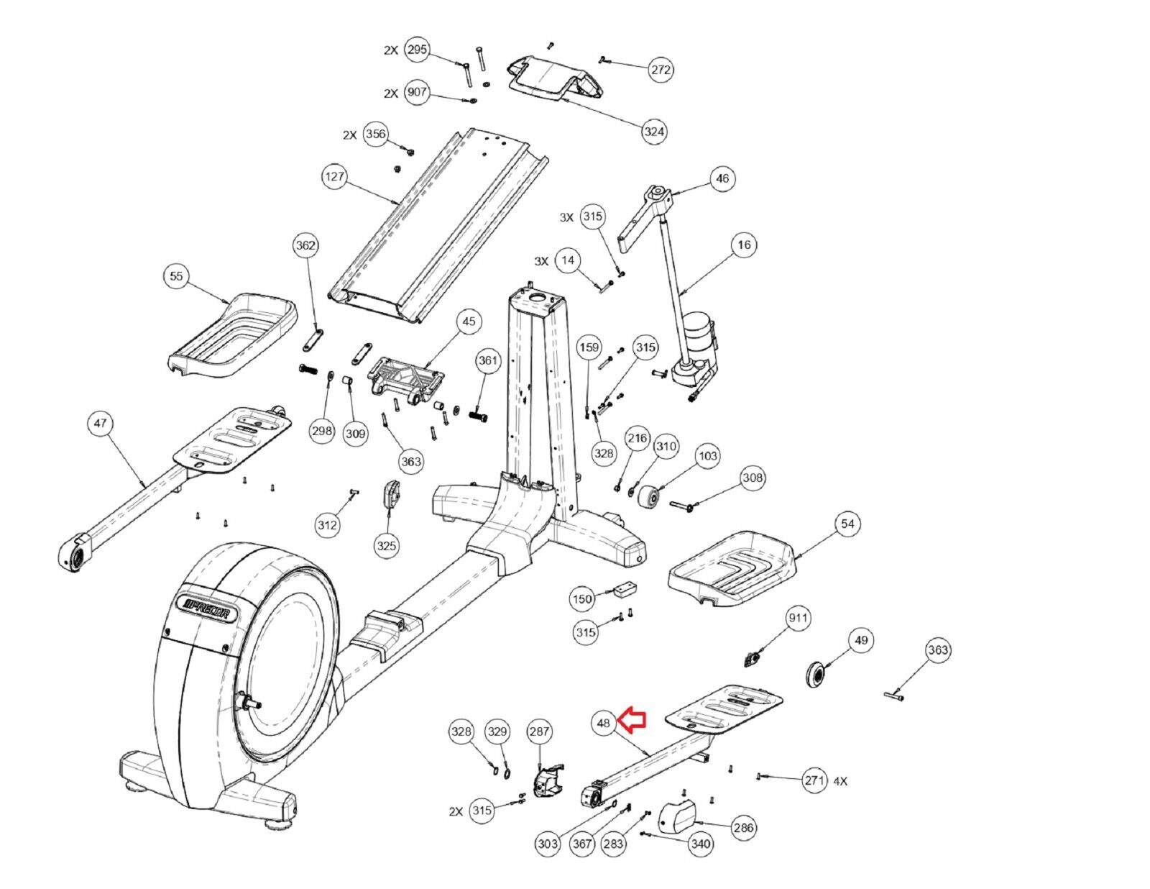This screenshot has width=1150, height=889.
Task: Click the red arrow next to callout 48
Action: tap(633, 719)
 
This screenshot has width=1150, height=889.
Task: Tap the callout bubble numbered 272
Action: tap(661, 69)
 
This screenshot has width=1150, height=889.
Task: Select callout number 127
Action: tap(334, 175)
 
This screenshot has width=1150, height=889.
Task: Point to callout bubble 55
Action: tap(176, 276)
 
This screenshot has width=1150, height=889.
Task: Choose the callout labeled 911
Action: tap(798, 618)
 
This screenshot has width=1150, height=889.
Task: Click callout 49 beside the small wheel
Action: tap(861, 640)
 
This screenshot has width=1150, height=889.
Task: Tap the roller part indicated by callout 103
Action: tap(648, 498)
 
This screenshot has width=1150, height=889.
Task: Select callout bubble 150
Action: tap(582, 599)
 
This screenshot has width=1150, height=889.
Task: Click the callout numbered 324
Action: tap(654, 132)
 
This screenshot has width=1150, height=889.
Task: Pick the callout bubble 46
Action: tap(722, 178)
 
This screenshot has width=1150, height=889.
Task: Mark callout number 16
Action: tap(744, 245)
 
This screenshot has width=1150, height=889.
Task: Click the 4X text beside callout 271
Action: tap(840, 781)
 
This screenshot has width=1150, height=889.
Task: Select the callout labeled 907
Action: tap(417, 92)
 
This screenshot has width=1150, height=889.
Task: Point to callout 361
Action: tap(487, 360)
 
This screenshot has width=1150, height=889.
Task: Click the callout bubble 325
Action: tap(387, 545)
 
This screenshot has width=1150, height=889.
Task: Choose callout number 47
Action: tap(100, 423)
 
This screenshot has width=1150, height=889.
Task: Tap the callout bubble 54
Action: tap(847, 524)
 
